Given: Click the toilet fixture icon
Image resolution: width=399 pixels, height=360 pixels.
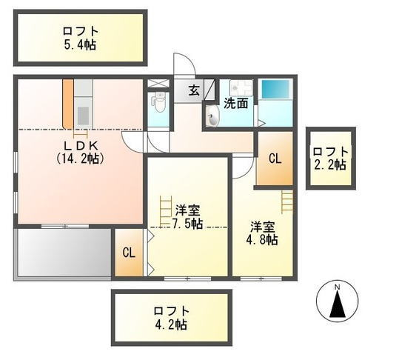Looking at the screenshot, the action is (x=159, y=102).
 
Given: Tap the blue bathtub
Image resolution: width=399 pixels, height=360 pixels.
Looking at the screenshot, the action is (x=275, y=90).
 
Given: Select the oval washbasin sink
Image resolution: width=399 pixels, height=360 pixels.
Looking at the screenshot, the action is (x=212, y=116).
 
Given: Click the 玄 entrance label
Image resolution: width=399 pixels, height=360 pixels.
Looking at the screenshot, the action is (x=194, y=90).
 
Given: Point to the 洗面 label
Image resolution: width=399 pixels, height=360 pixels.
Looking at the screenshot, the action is (x=235, y=104).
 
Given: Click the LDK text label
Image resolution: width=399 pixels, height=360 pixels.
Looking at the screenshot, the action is (x=81, y=146).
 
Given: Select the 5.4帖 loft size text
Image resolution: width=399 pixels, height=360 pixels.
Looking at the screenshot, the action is (x=80, y=45).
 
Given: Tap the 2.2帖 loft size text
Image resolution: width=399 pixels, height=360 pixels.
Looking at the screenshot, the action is (x=330, y=165).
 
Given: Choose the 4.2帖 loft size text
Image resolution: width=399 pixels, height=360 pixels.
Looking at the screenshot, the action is (x=171, y=324).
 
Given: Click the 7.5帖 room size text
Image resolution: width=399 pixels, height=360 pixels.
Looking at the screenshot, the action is (x=187, y=224).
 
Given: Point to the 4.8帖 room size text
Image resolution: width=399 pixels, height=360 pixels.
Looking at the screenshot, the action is (x=262, y=239).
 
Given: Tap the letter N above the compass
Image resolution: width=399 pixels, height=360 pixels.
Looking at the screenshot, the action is (x=338, y=287).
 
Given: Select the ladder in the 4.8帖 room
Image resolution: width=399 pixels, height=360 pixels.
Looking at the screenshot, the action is (x=287, y=201).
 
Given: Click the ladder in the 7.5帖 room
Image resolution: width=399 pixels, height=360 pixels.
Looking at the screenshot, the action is (x=166, y=210).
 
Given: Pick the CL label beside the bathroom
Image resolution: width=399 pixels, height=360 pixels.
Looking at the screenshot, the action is (x=275, y=159).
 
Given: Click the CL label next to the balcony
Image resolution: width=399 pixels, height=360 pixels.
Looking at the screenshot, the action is (x=129, y=253).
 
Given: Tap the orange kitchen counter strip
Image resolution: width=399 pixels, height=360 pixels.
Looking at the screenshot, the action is (x=68, y=104).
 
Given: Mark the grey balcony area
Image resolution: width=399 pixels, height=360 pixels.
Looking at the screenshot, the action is (x=64, y=253).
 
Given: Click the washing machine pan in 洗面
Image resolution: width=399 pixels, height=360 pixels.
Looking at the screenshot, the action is (x=241, y=88).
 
